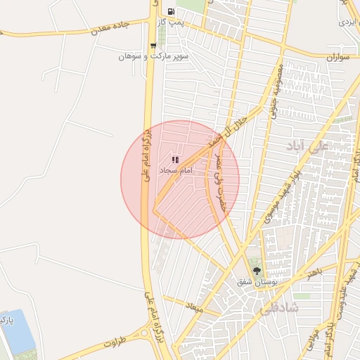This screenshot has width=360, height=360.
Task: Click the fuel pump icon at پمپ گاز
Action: coord(171,11)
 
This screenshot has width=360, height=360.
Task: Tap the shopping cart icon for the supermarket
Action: coord(153,46)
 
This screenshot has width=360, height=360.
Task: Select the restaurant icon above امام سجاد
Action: coord(174,160)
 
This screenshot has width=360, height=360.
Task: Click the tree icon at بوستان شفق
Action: coord(256,271)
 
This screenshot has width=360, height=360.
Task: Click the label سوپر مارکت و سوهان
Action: coord(153,56)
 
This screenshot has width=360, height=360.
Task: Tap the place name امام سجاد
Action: coord(176,171)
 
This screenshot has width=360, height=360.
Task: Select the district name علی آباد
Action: coord(308,146)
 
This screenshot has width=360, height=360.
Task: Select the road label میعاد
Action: coord(193,307)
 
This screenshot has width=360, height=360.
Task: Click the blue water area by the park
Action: coord(19,330)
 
